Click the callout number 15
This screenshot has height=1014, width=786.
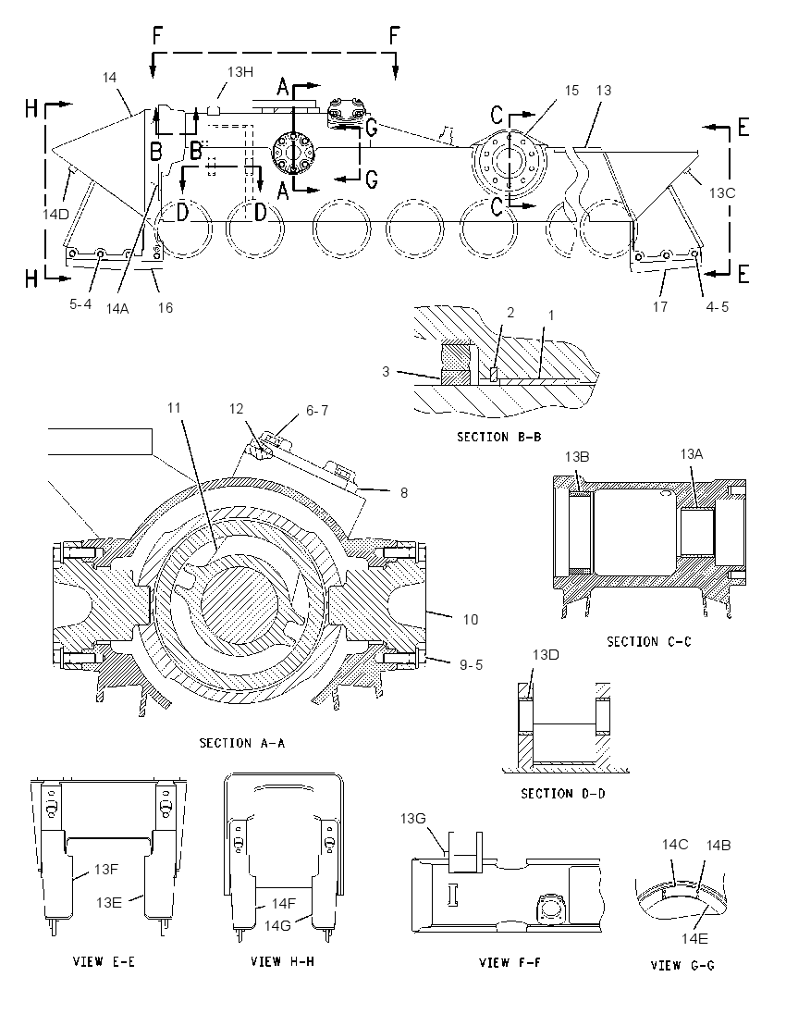572,91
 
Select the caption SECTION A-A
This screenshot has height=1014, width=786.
241,743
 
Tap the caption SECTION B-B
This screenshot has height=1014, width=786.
499,438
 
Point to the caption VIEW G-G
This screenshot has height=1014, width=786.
682,966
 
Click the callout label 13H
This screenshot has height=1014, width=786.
239,72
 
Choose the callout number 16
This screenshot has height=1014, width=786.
166,308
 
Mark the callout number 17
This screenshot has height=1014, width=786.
659,306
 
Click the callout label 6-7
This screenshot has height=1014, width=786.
317,411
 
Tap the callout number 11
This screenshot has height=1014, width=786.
174,408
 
